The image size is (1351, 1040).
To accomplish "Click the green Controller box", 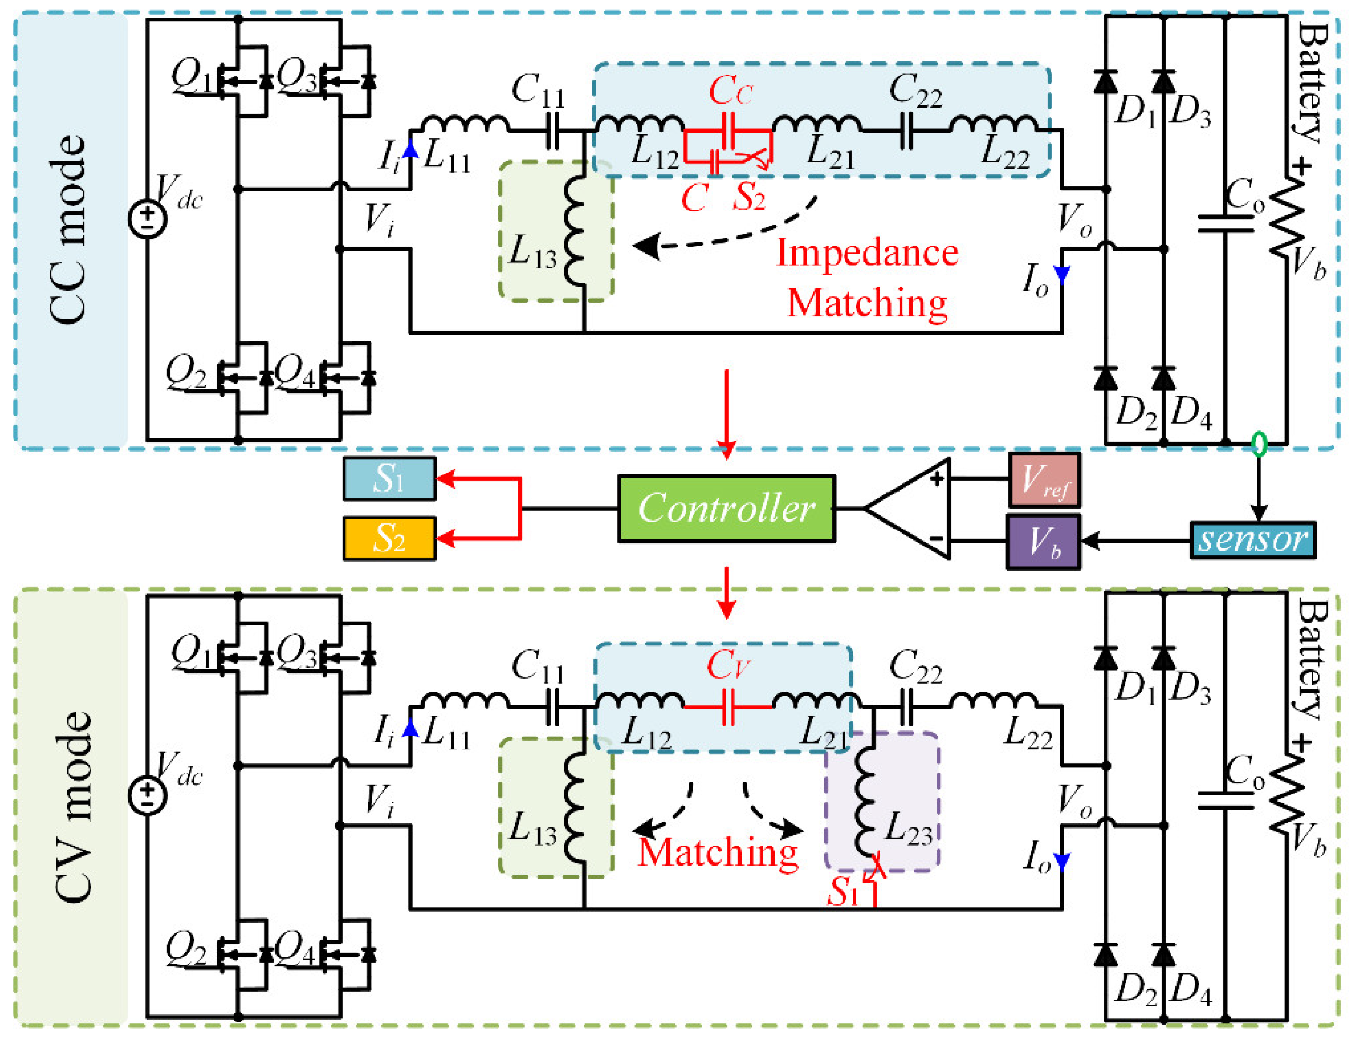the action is coord(726,509).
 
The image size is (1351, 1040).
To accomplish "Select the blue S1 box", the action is coord(390,478).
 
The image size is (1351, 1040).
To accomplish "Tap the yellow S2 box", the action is coord(390,538).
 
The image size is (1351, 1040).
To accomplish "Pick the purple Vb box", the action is coord(1044,541).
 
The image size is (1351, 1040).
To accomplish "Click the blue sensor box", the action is coord(1253,540).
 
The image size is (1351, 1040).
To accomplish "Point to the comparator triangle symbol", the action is coord(907,509).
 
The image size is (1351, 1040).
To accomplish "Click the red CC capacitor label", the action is coord(730,91).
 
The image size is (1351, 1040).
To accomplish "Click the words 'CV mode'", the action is coord(73,806).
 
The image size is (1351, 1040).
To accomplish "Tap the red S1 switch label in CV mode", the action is coord(843,892).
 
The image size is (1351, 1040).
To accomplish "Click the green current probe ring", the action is coord(1259,444).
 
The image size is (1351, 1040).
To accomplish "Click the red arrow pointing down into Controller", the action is coord(726,415).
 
